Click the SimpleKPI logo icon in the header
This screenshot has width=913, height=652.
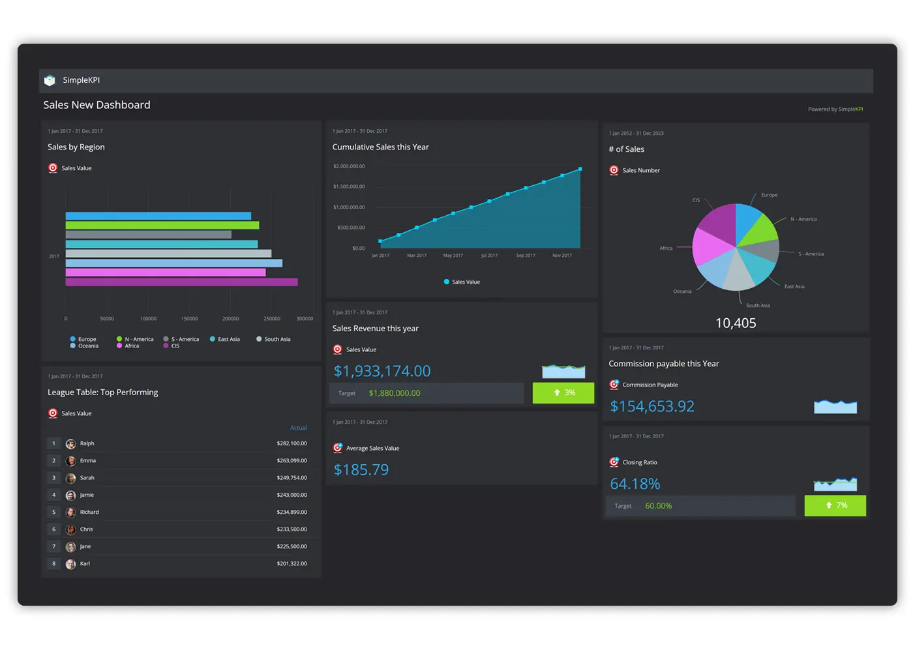(x=50, y=80)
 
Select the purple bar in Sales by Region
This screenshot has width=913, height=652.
(x=181, y=282)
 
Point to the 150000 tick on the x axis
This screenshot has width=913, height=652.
(x=189, y=319)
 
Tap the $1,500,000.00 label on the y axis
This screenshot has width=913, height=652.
(x=349, y=186)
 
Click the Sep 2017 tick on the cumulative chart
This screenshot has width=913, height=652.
(x=526, y=256)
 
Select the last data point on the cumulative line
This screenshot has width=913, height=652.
(x=580, y=170)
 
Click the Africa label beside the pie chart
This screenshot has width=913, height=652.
(x=666, y=248)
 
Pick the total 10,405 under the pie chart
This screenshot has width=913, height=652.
(x=736, y=323)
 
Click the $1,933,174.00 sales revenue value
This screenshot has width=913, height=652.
(x=382, y=372)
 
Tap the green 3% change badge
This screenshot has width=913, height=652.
(x=563, y=393)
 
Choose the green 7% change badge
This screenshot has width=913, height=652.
(x=835, y=505)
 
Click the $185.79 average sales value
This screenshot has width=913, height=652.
(x=361, y=470)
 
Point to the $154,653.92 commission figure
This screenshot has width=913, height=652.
(x=652, y=407)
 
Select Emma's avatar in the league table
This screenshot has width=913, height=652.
(x=71, y=461)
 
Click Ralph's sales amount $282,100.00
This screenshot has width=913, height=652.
(x=292, y=443)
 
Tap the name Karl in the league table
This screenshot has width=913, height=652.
(x=85, y=564)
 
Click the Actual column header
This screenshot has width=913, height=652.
(x=298, y=428)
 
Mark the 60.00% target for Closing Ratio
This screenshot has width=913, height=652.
(x=658, y=506)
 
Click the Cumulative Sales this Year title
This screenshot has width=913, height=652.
(x=380, y=147)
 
